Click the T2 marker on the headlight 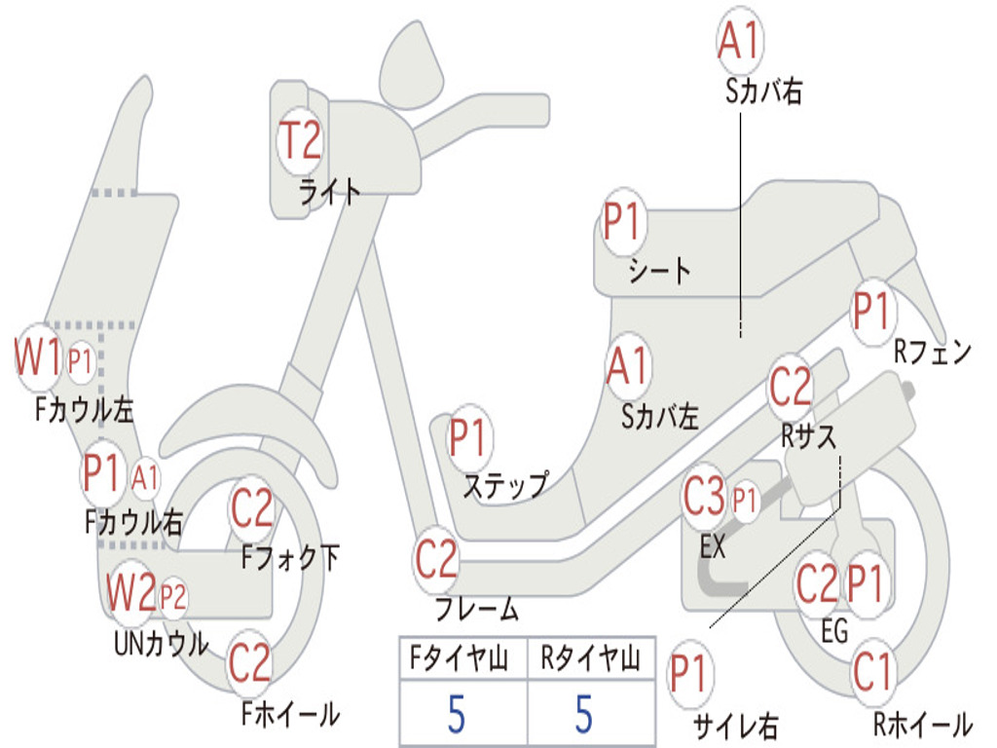[x=301, y=141]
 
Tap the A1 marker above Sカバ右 [x=739, y=40]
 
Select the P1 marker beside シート [x=622, y=223]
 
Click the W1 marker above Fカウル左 [x=38, y=359]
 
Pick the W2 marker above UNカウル [x=131, y=591]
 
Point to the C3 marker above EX [x=704, y=498]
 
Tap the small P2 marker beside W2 [x=172, y=595]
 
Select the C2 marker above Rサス [x=790, y=387]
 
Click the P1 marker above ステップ [x=468, y=439]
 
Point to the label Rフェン [x=933, y=353]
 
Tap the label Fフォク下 [x=291, y=558]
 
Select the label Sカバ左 [x=660, y=417]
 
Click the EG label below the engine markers [x=834, y=632]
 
